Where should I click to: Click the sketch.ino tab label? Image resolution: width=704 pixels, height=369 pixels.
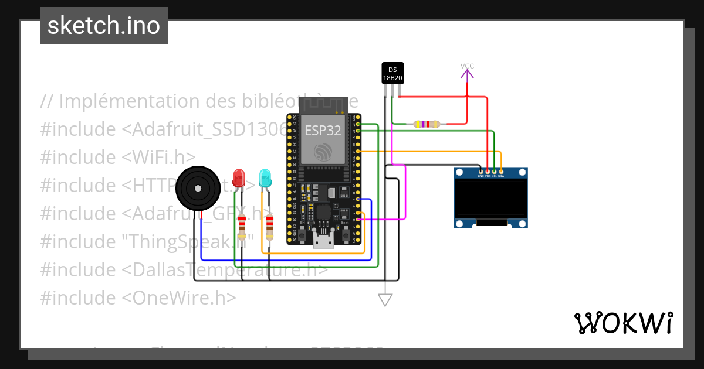tap(104, 26)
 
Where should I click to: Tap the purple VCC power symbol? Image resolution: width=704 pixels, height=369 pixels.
tap(467, 72)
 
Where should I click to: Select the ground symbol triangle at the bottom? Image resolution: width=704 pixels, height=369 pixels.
tap(385, 300)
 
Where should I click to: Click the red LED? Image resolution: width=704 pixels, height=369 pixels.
tap(239, 177)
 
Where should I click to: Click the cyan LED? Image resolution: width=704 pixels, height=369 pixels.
tap(265, 177)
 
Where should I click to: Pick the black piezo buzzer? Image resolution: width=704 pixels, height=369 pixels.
tap(198, 188)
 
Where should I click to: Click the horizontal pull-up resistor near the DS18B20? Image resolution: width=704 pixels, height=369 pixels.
tap(427, 124)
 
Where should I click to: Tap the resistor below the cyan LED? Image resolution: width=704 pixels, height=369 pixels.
tap(269, 227)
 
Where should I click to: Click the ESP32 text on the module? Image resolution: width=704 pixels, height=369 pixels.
tap(322, 129)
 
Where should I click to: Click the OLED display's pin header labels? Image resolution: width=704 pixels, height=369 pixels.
tap(490, 175)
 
